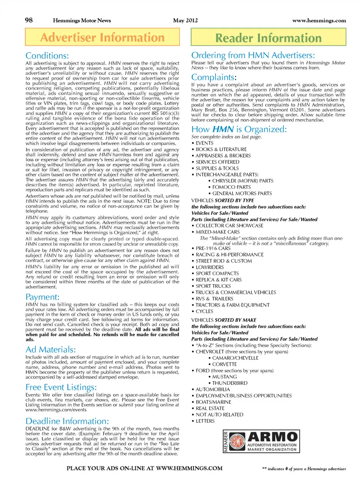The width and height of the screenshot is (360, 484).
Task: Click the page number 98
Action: tap(29, 20)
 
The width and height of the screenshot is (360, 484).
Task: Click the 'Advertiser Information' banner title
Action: tap(102, 37)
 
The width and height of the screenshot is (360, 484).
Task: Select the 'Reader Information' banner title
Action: tap(268, 38)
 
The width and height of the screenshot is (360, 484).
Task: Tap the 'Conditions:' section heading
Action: tap(47, 56)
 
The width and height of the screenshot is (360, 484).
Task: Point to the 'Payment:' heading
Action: tap(42, 297)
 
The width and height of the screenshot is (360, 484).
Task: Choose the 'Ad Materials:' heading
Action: tap(51, 349)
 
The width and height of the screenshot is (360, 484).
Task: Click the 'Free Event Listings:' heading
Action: tap(61, 387)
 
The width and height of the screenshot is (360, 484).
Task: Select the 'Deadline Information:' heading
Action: tap(67, 421)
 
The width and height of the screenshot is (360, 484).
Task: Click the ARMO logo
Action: tap(261, 441)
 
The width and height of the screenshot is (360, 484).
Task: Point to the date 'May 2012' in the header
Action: tap(185, 21)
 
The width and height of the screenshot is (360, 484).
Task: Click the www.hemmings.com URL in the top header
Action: tap(319, 21)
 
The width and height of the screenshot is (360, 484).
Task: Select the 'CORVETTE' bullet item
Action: tap(224, 364)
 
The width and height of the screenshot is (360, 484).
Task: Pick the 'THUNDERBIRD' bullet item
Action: tap(229, 383)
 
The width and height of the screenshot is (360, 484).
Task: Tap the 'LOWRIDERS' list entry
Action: tap(210, 267)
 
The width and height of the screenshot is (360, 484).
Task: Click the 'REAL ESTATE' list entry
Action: tap(210, 408)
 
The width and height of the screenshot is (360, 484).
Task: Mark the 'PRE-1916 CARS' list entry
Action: tap(213, 248)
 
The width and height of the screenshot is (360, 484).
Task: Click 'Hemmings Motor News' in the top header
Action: tap(82, 21)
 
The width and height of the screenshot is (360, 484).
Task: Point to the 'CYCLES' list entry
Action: tap(204, 311)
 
